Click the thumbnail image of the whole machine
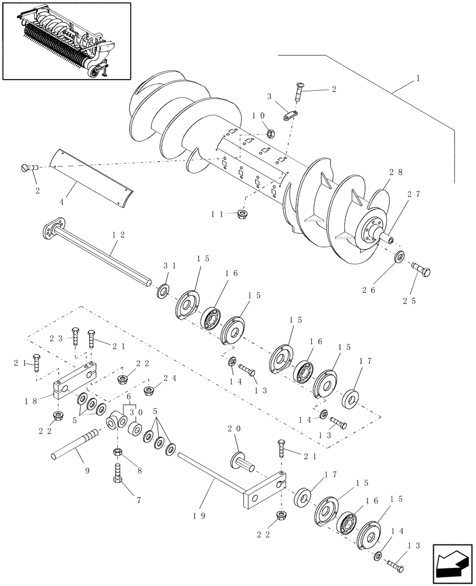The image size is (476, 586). [x=66, y=40]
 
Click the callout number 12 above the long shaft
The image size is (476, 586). [x=118, y=235]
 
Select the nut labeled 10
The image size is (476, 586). [x=272, y=134]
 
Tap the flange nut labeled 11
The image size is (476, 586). [x=242, y=215]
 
